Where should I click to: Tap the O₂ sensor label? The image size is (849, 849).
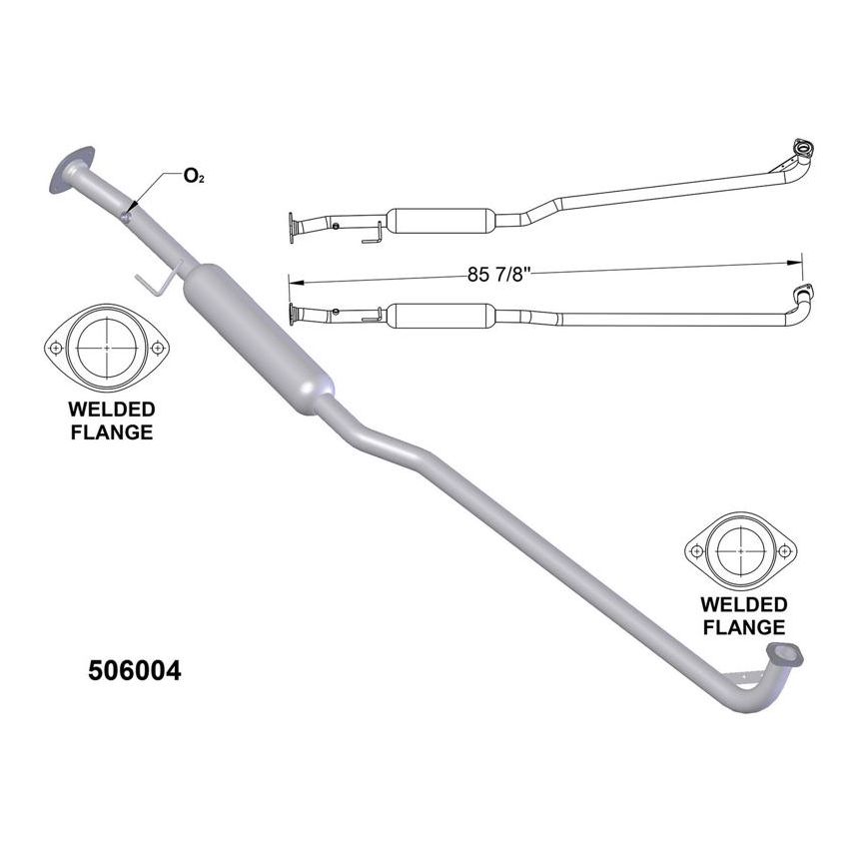point(194,178)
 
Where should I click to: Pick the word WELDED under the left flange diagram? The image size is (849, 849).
point(111,410)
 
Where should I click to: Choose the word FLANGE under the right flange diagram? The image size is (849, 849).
point(744,628)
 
